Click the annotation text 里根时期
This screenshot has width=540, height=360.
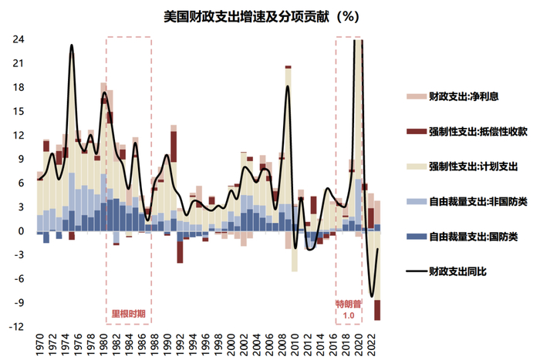[x=128, y=315]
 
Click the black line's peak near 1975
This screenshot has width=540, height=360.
[x=72, y=45]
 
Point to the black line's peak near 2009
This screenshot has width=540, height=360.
[x=288, y=86]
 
